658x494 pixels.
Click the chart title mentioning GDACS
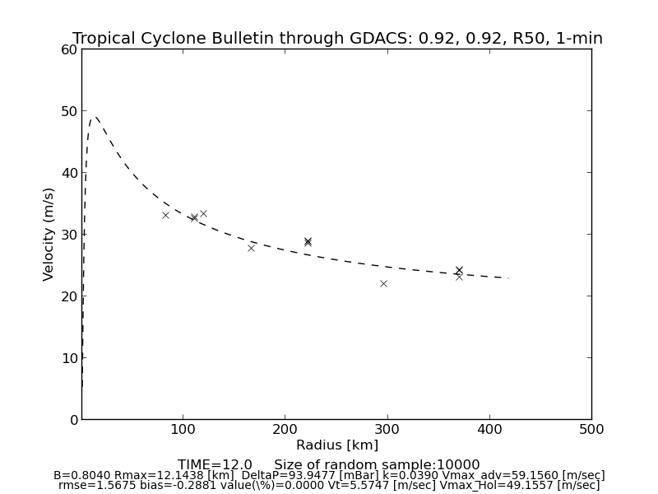point(337,39)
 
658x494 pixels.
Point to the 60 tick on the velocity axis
point(70,49)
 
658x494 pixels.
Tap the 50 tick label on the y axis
point(70,111)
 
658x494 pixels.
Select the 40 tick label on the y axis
point(70,173)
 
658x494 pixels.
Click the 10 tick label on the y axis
point(70,358)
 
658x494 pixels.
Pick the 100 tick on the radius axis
point(183,429)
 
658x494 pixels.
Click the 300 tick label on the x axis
point(387,429)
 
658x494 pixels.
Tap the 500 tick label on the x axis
point(591,429)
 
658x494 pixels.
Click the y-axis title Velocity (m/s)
point(49,234)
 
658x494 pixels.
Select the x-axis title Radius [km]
point(337,445)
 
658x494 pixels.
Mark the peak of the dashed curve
point(95,116)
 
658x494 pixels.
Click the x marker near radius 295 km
point(383,283)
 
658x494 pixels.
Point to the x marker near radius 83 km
point(165,215)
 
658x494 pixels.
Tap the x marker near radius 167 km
point(251,248)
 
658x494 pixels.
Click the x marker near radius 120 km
point(203,213)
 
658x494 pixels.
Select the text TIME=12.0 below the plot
point(215,465)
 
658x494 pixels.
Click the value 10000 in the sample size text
point(457,465)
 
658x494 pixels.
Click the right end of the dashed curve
point(508,277)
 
